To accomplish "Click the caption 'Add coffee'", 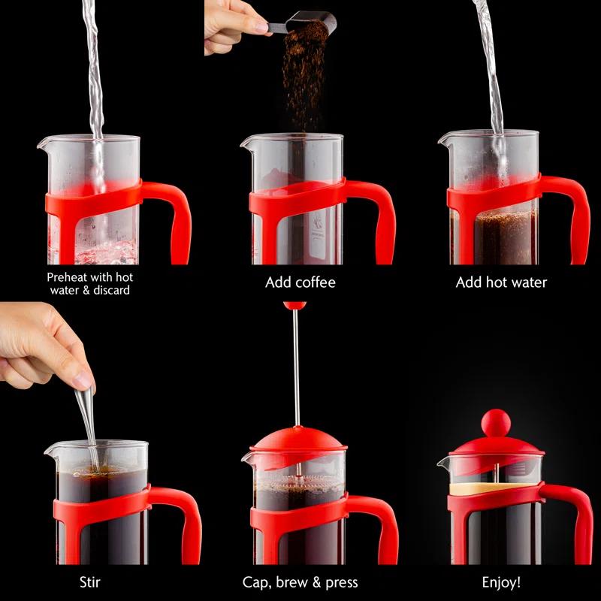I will pyautogui.click(x=300, y=283).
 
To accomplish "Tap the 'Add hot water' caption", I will pyautogui.click(x=501, y=283).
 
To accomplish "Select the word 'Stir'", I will pyautogui.click(x=90, y=581).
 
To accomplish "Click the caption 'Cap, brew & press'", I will pyautogui.click(x=300, y=582).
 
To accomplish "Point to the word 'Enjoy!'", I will pyautogui.click(x=501, y=581).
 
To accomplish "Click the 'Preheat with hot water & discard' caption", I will pyautogui.click(x=89, y=283).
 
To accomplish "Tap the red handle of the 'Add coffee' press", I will pyautogui.click(x=379, y=218).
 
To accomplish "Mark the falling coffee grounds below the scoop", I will pyautogui.click(x=304, y=83).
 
